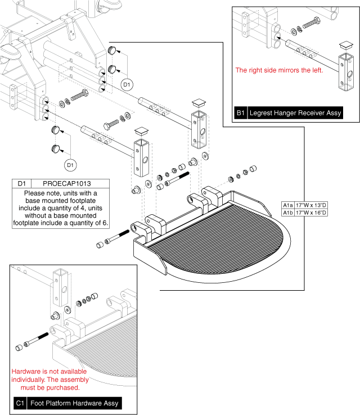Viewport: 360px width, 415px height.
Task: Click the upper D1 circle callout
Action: point(127,85)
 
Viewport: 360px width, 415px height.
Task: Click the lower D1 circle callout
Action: point(70,165)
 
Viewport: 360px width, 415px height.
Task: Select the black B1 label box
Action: point(241,113)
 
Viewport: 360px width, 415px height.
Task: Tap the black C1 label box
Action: point(20,403)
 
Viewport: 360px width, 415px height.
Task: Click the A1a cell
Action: point(287,206)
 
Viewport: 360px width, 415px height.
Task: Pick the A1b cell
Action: point(287,213)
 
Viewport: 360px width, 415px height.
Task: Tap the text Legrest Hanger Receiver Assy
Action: point(295,113)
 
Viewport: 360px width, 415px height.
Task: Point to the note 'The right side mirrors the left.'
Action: point(278,70)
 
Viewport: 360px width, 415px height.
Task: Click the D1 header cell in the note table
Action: point(22,184)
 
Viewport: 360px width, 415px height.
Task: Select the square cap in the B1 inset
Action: point(344,45)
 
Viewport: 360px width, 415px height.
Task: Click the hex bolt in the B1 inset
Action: point(311,25)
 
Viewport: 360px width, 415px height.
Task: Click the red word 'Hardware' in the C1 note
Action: point(26,372)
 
